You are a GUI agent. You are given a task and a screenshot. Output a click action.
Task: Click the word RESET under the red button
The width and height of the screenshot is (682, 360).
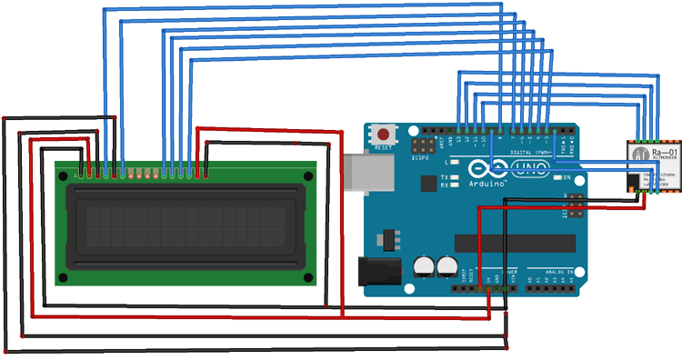(384, 147)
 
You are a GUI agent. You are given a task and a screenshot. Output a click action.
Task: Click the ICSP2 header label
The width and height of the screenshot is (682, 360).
(420, 157)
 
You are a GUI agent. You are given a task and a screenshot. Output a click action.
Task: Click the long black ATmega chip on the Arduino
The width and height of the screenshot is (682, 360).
(515, 243)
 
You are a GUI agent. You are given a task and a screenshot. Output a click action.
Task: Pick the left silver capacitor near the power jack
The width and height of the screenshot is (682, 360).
(424, 265)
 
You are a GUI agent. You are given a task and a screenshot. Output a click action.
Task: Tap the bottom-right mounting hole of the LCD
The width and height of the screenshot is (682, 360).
(307, 276)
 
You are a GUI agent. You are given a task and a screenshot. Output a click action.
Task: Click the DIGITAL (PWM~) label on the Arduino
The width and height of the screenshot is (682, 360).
(532, 151)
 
